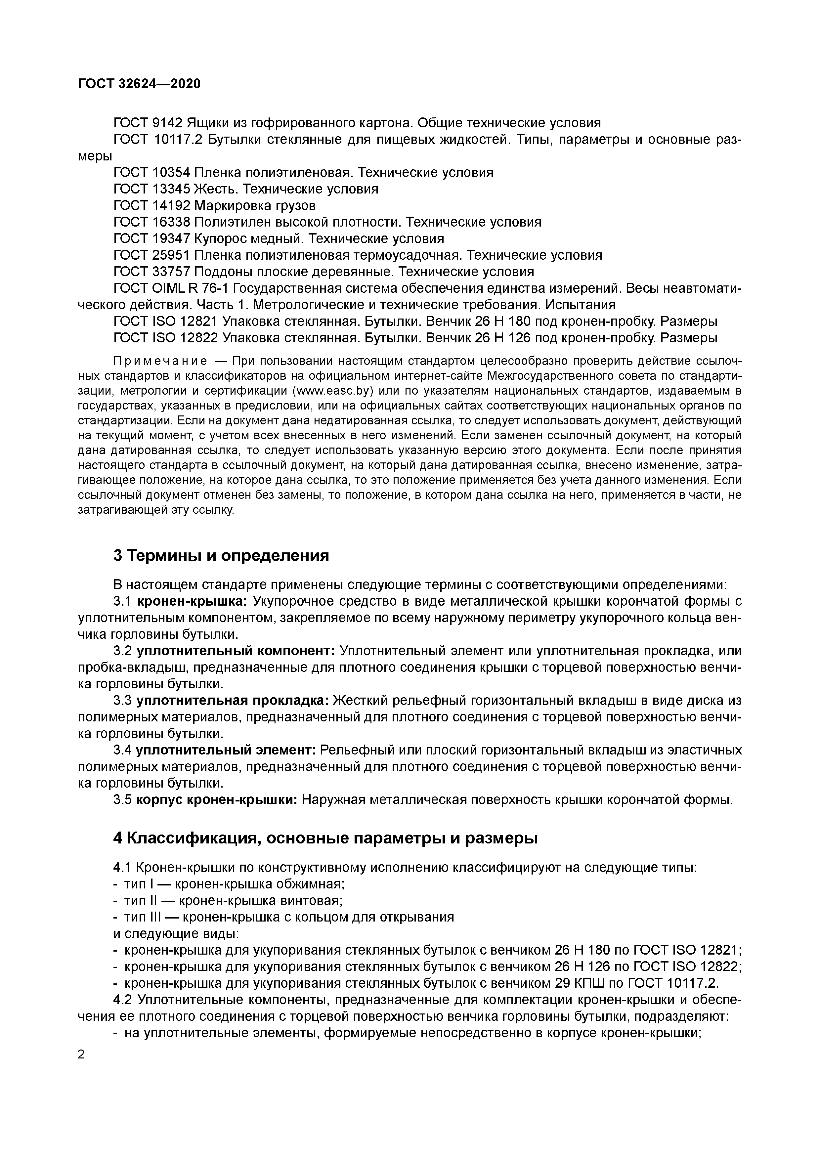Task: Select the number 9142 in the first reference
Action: pyautogui.click(x=168, y=123)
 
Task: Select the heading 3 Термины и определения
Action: pyautogui.click(x=221, y=556)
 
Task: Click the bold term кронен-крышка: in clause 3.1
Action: pyautogui.click(x=192, y=601)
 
